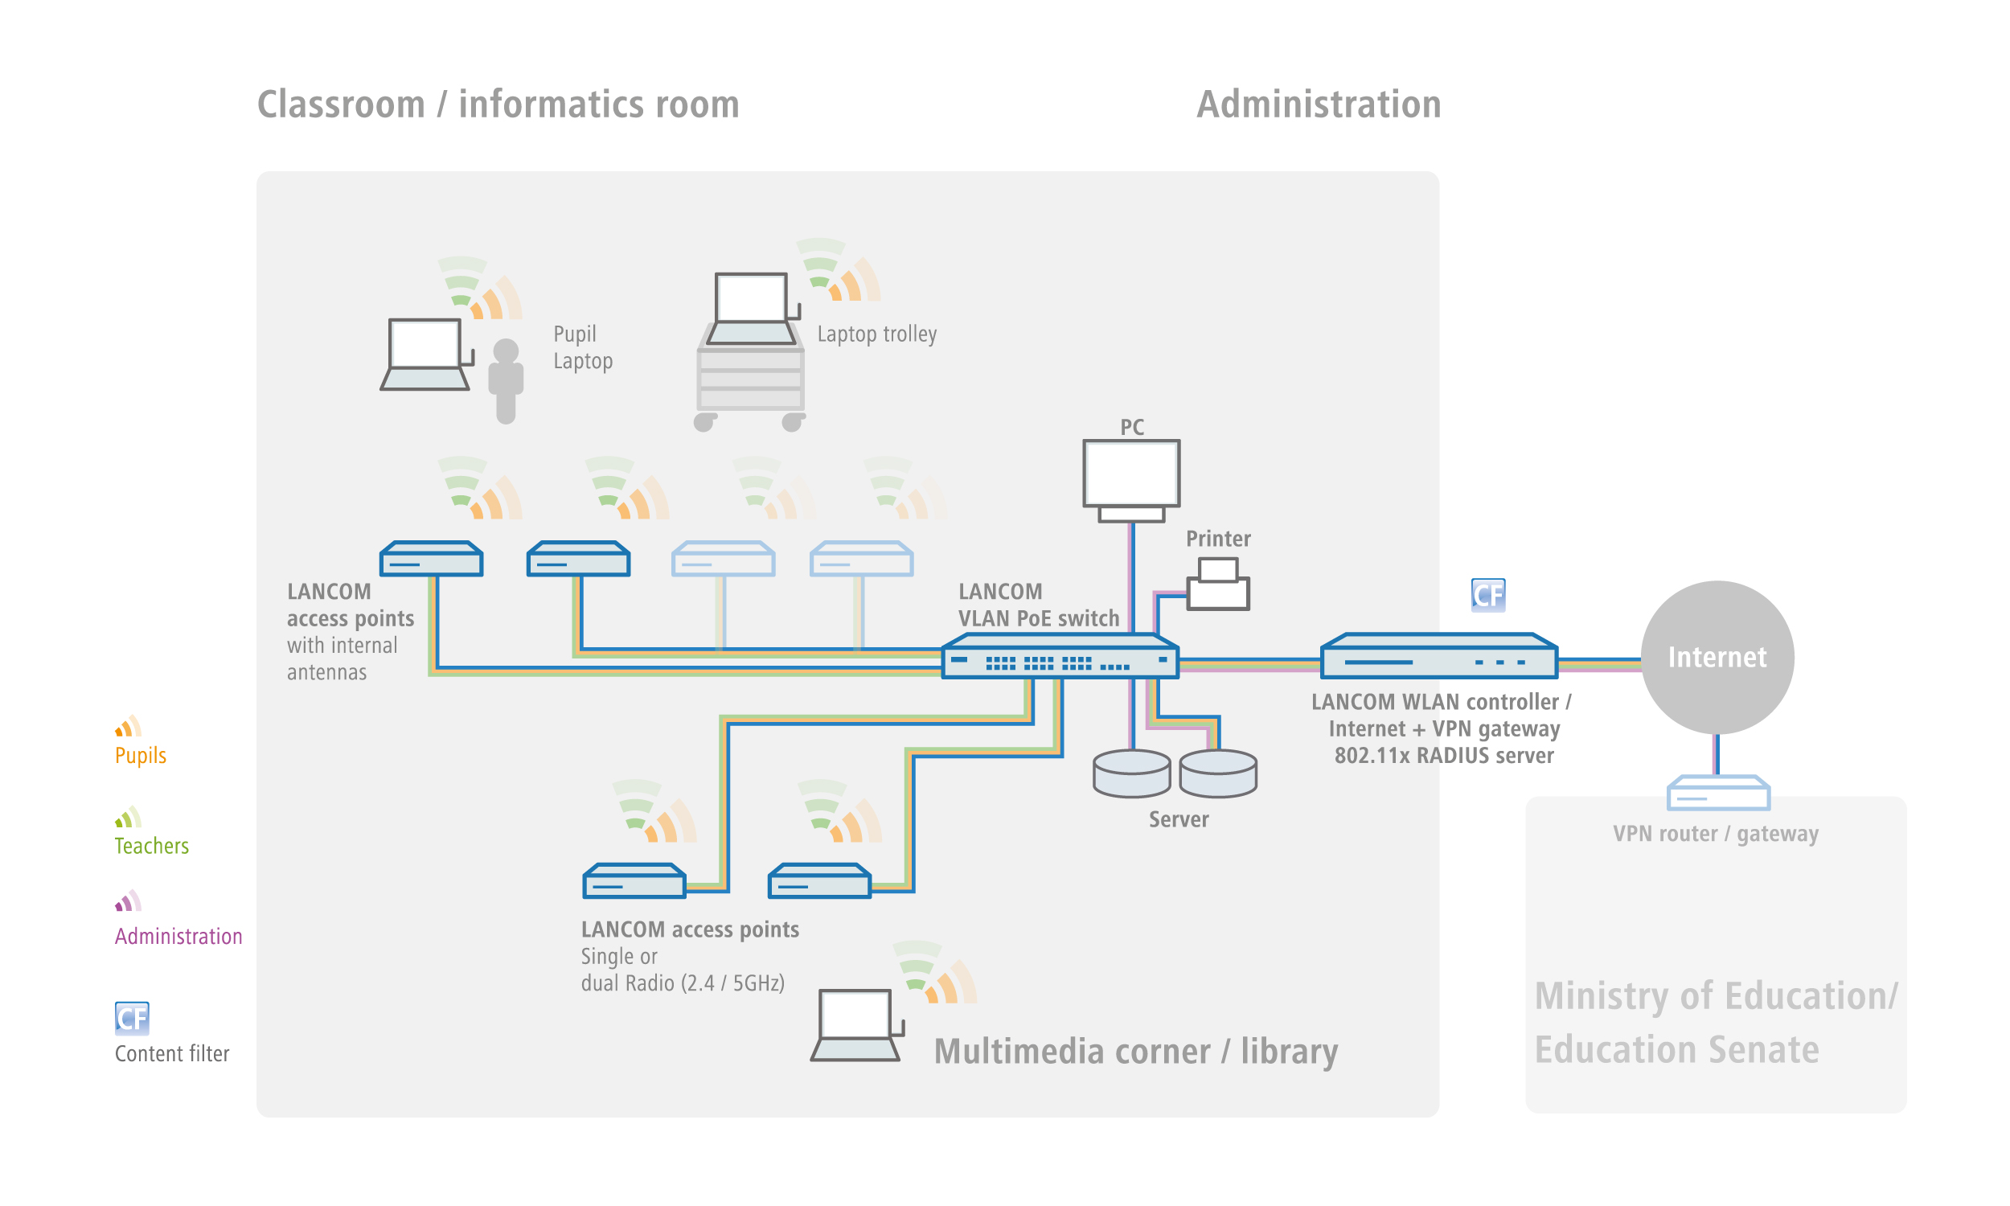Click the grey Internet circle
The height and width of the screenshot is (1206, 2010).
1717,657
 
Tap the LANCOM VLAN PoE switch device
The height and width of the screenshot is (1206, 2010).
1060,656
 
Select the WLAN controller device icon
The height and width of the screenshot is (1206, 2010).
1439,656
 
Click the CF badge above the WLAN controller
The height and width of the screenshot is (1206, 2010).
1488,595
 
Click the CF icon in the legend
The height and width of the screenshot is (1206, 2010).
132,1017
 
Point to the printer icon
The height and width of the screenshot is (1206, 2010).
1218,584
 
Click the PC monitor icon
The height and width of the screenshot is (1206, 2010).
1131,480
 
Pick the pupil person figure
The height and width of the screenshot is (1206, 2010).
506,380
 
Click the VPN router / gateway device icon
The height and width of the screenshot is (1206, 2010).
1718,793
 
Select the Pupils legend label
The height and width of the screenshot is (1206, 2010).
141,755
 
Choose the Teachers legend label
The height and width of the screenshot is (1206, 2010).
152,845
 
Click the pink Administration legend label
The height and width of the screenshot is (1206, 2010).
178,936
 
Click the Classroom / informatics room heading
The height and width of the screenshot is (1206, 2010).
498,105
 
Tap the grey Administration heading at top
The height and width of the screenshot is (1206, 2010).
1319,105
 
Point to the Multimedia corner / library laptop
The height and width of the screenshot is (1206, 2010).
856,1025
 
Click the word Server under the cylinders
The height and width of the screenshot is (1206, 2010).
1178,819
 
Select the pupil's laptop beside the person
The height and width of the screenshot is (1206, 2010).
427,355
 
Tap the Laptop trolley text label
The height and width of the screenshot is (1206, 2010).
876,334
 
